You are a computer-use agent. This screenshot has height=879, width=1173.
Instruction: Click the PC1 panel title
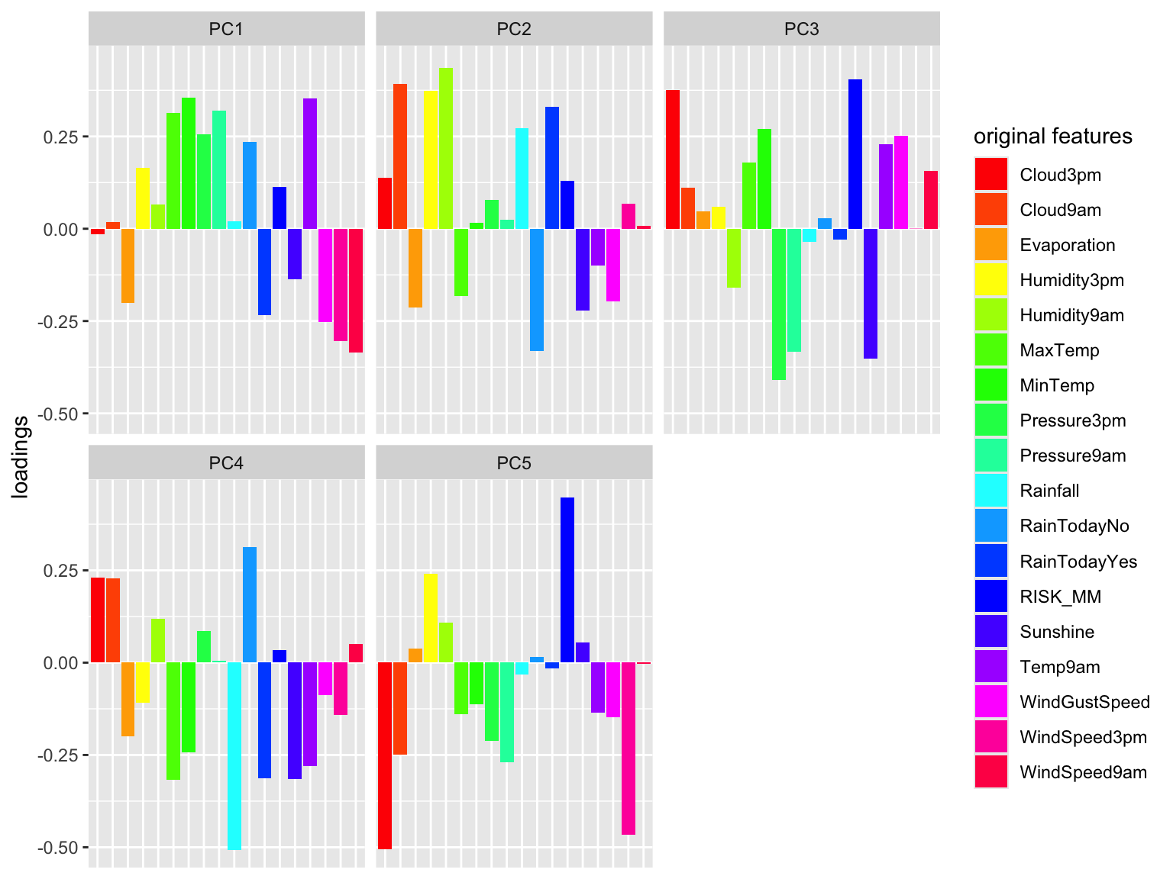(x=225, y=29)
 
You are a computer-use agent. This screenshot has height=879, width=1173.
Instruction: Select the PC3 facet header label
(x=801, y=29)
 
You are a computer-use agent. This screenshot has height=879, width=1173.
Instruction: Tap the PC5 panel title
(x=513, y=462)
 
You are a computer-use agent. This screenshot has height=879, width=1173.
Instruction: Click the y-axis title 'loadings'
(x=20, y=457)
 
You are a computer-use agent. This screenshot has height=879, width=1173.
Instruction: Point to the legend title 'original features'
(x=1053, y=136)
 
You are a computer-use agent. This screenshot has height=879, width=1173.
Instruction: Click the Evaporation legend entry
(x=1045, y=245)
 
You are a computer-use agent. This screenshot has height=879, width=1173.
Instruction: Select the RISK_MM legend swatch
(x=990, y=596)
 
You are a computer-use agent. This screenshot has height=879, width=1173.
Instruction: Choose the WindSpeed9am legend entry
(x=1061, y=771)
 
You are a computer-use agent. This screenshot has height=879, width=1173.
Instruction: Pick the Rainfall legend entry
(x=1026, y=491)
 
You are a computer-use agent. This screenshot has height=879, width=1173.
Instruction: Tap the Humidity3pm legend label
(x=1071, y=280)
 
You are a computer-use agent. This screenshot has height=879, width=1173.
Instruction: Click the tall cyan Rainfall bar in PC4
(x=234, y=755)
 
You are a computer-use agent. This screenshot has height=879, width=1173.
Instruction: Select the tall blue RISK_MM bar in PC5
(x=567, y=580)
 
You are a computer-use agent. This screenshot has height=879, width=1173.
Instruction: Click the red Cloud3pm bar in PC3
(x=672, y=159)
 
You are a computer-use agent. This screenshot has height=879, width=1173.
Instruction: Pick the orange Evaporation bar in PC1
(x=128, y=266)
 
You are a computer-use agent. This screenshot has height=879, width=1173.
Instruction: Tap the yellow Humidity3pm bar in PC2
(x=431, y=159)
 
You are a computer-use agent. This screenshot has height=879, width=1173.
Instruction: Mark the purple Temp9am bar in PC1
(x=310, y=164)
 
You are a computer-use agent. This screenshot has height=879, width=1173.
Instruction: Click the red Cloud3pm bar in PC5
(x=385, y=755)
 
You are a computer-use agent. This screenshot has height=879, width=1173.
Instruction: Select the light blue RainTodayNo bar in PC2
(x=537, y=290)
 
